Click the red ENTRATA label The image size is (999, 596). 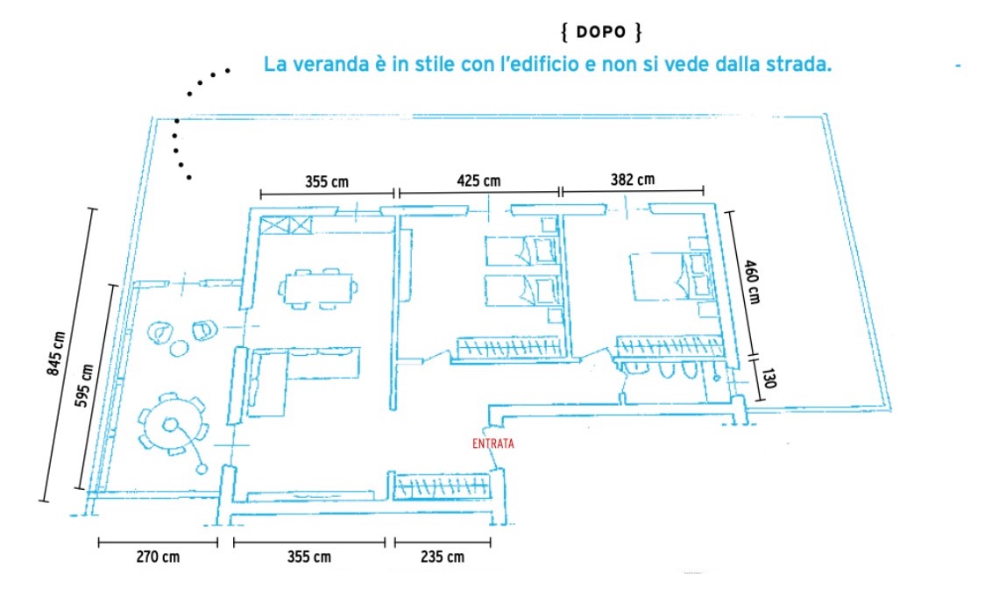pyautogui.click(x=492, y=443)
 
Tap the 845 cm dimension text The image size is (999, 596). pyautogui.click(x=56, y=354)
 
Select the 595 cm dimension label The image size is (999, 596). pyautogui.click(x=84, y=386)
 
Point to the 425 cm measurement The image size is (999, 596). pyautogui.click(x=478, y=181)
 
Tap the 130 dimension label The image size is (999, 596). pyautogui.click(x=769, y=378)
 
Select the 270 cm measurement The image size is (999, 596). pyautogui.click(x=158, y=557)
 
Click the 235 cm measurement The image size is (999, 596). pyautogui.click(x=443, y=557)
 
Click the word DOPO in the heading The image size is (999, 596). pyautogui.click(x=601, y=32)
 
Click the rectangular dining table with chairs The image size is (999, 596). pyautogui.click(x=317, y=288)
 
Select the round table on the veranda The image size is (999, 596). pyautogui.click(x=171, y=423)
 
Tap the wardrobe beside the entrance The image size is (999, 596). pyautogui.click(x=443, y=486)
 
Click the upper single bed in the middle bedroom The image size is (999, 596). pyautogui.click(x=521, y=251)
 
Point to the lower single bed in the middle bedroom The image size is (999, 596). pyautogui.click(x=521, y=290)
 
